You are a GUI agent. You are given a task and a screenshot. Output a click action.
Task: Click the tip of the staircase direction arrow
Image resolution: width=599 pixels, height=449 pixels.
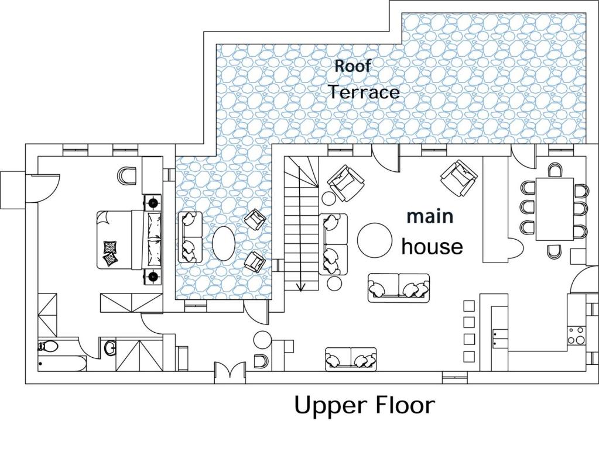point(301,291)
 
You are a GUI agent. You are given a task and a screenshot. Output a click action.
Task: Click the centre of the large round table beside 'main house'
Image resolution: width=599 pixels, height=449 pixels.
point(375,240)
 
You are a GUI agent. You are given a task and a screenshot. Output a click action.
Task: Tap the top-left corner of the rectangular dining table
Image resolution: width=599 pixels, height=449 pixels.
point(536,178)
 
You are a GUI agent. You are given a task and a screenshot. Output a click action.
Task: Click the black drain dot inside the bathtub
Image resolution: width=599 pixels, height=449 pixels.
point(40,364)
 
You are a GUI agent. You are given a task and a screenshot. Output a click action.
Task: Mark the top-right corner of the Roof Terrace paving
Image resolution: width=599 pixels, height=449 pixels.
point(586,13)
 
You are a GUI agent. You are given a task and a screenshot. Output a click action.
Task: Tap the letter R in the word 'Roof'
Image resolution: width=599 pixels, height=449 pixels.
point(339,65)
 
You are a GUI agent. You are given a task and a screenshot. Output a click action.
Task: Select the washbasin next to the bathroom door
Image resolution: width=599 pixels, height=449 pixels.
point(110,347)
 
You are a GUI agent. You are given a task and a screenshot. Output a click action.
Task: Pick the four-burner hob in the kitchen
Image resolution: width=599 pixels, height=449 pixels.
point(576,336)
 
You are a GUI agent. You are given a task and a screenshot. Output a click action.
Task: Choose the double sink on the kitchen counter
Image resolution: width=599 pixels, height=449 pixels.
point(499,338)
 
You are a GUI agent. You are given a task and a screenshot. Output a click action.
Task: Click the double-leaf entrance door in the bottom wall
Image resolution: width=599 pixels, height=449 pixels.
point(230,372)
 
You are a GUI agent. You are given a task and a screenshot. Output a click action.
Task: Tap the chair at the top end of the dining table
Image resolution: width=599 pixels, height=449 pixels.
point(554,170)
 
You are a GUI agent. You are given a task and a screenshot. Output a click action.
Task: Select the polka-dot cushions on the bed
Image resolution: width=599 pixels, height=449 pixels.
point(111,253)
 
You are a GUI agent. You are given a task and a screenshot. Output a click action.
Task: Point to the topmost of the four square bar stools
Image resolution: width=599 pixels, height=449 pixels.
point(469,306)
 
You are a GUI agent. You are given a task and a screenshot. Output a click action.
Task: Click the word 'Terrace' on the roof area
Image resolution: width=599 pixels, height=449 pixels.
point(364,92)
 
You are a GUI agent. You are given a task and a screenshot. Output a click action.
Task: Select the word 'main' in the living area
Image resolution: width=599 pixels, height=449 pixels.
point(430,216)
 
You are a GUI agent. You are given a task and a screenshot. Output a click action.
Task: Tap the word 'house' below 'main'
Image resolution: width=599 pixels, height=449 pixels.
point(432,247)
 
